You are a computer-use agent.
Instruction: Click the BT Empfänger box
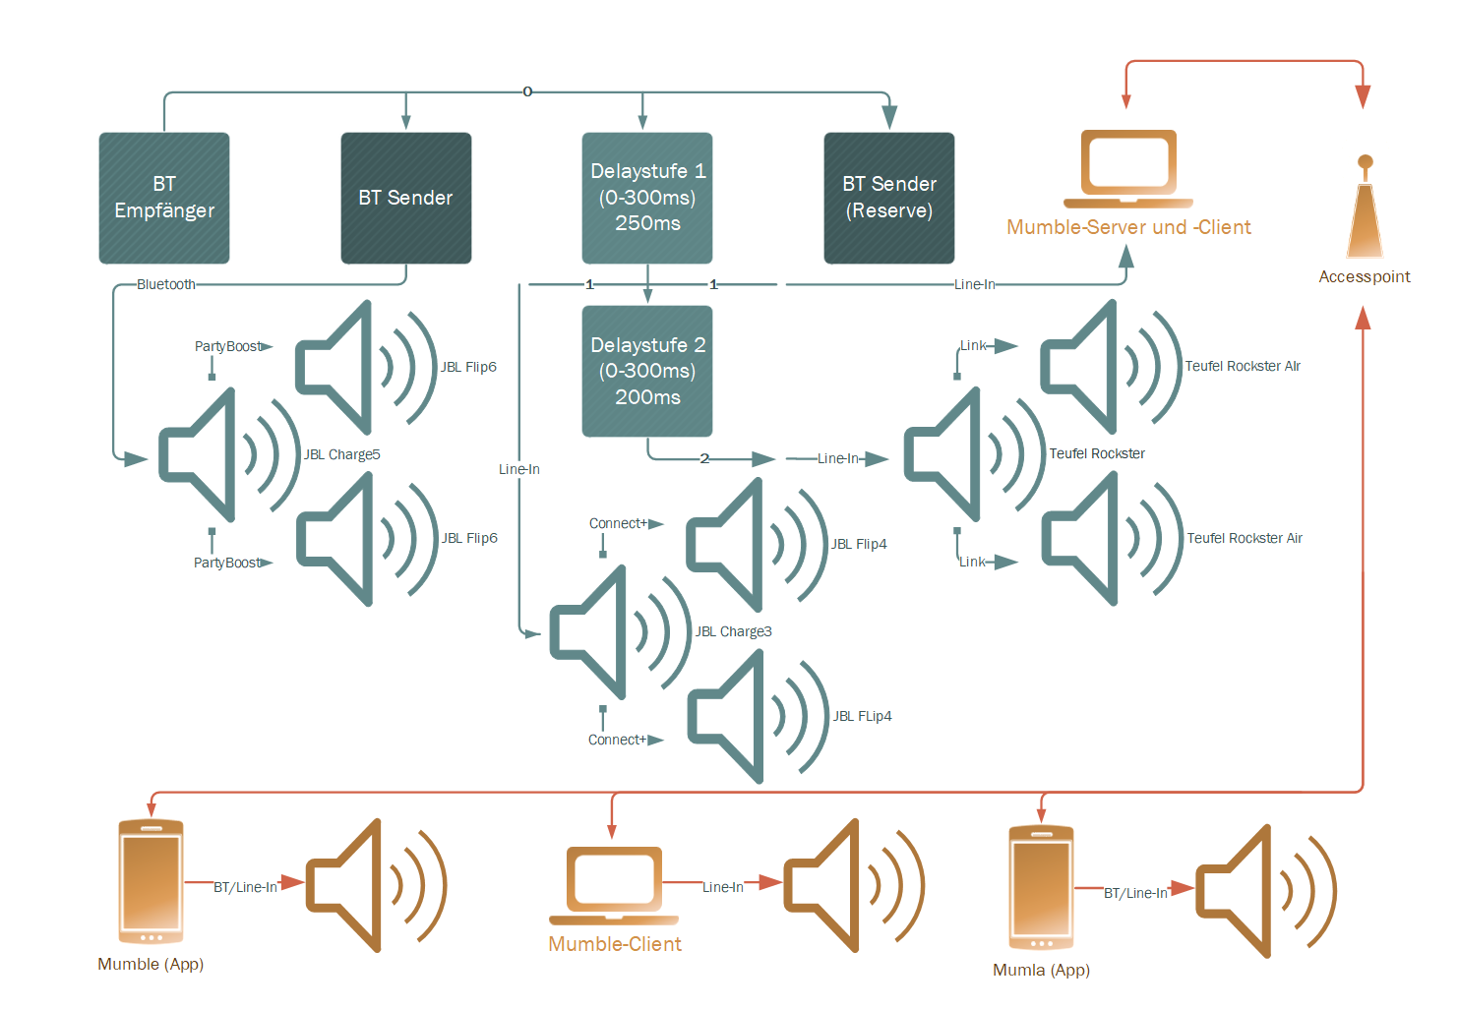point(164,198)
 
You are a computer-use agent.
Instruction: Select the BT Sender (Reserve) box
point(889,198)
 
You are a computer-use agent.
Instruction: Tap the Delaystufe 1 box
point(647,198)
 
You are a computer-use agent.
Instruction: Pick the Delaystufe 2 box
point(647,371)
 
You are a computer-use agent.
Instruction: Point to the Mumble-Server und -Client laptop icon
point(1127,168)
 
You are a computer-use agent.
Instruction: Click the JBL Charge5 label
point(341,454)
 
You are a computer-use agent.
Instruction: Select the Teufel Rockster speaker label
point(1097,453)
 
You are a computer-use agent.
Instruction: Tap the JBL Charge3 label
point(733,631)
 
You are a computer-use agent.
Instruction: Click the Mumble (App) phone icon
point(151,881)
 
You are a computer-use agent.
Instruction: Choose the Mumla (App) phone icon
point(1041,887)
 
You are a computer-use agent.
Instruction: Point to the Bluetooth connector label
point(166,284)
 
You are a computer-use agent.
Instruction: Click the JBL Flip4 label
point(859,544)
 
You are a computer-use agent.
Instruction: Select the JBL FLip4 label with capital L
point(862,716)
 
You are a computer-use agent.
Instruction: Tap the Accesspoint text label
point(1365,276)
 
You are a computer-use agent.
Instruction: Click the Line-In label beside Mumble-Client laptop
point(723,887)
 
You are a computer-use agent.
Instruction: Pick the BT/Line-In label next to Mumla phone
point(1135,893)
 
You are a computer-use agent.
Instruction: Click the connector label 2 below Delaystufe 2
point(704,458)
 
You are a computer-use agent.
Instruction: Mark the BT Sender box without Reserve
point(405,198)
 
